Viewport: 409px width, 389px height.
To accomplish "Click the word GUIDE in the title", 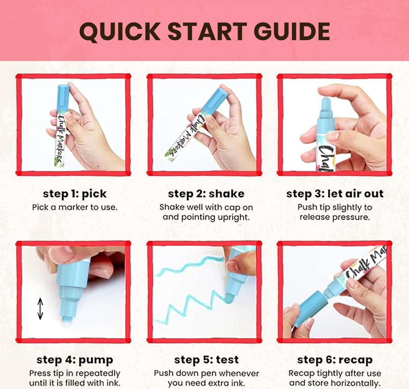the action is click(x=292, y=32).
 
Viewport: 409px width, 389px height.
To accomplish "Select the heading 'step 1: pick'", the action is click(x=75, y=194).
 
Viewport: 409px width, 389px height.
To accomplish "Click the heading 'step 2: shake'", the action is click(x=206, y=194).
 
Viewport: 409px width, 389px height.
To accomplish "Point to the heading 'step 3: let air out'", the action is click(x=335, y=194).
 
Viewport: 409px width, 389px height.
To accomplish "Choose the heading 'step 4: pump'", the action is click(x=75, y=360).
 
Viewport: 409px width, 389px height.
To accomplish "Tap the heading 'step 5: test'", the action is click(x=206, y=360).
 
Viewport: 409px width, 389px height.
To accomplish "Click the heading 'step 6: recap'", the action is click(x=335, y=360).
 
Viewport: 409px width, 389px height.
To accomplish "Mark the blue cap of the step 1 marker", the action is click(x=63, y=98).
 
